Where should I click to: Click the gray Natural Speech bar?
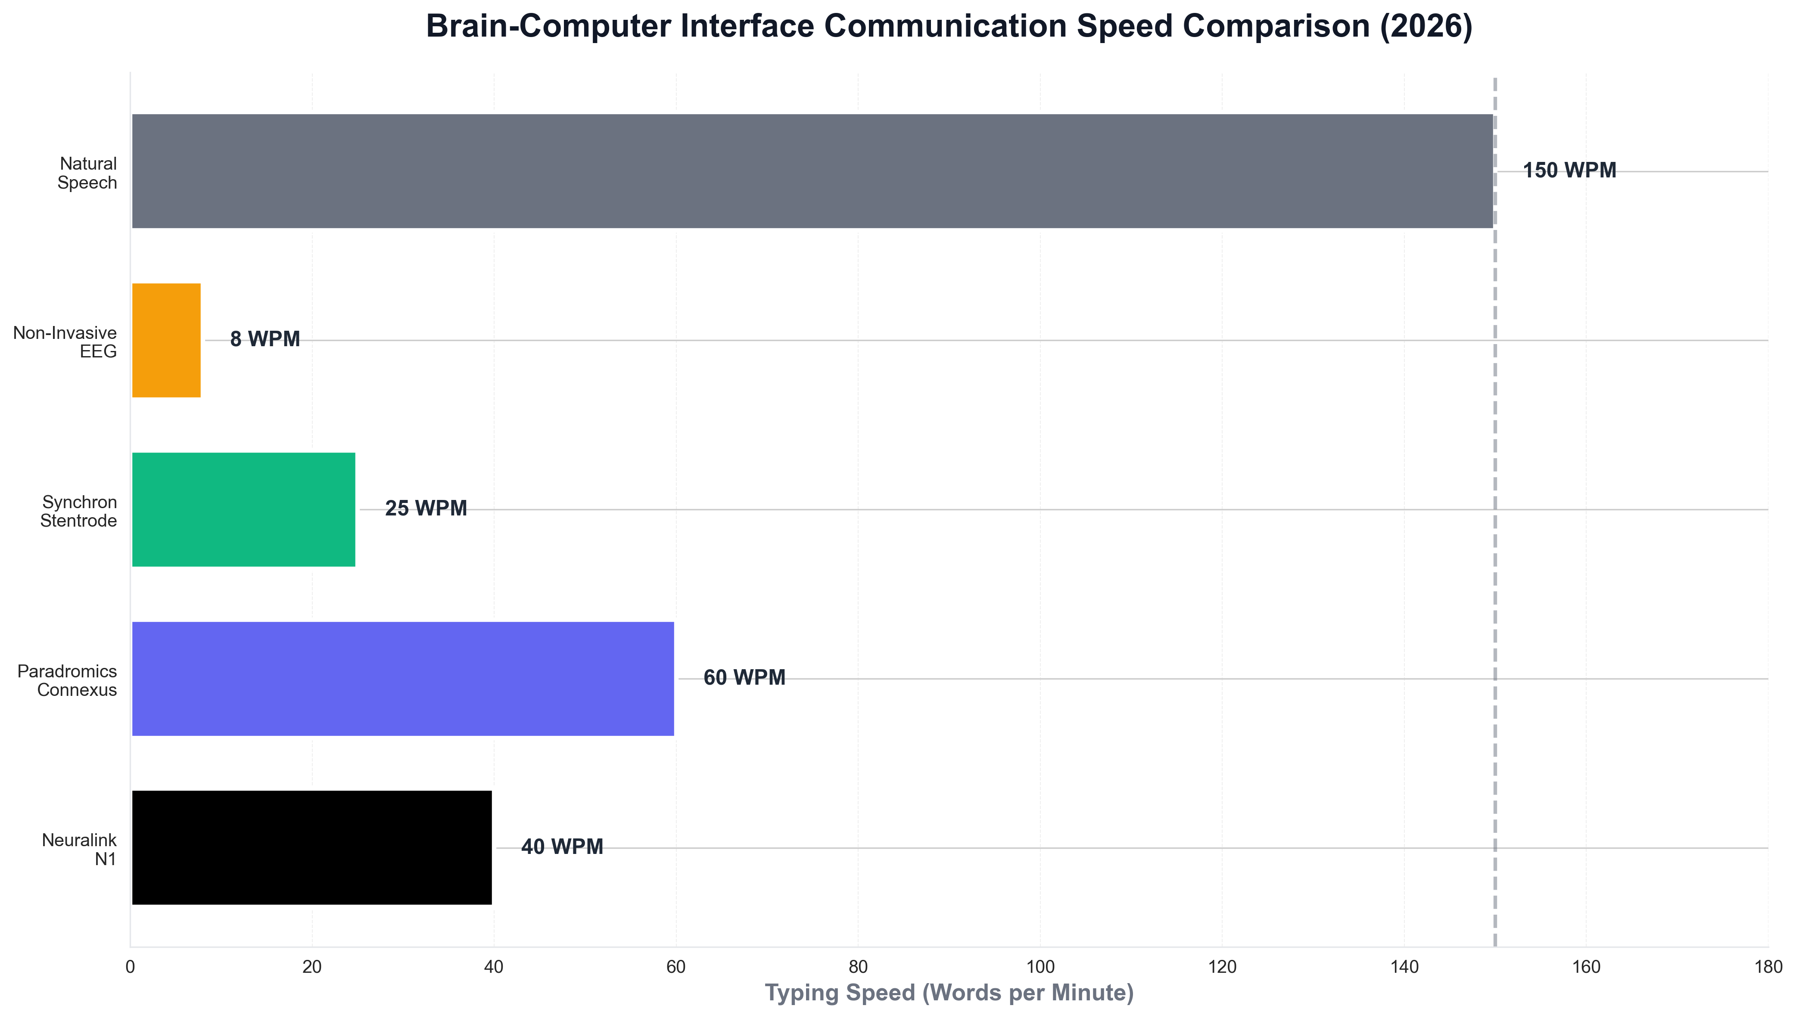[x=811, y=171]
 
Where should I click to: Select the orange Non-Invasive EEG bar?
[x=166, y=341]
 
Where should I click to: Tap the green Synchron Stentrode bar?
[x=243, y=510]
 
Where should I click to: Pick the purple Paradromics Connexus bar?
[x=403, y=679]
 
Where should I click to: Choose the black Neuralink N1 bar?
[x=312, y=847]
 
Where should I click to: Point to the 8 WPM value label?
[x=265, y=340]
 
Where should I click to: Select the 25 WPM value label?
[x=426, y=509]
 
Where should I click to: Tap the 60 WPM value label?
[x=744, y=678]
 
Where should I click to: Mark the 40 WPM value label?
[x=562, y=847]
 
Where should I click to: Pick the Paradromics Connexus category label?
[x=67, y=680]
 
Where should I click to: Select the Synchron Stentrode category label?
[x=78, y=511]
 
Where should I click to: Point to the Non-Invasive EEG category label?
[x=65, y=342]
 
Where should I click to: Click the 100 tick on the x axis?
[x=1040, y=967]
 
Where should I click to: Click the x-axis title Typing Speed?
[x=949, y=993]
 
